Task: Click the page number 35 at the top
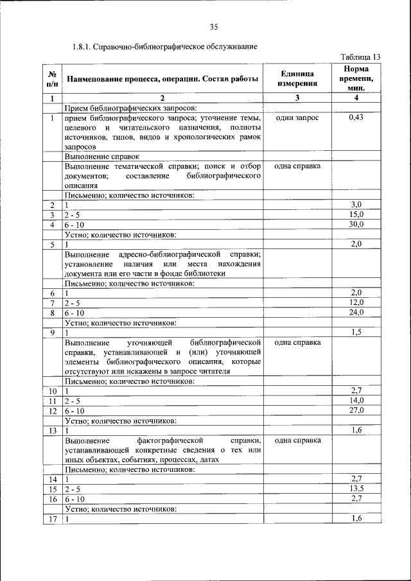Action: tap(214, 26)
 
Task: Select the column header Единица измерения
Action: tap(297, 78)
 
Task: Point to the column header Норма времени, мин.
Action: tap(356, 78)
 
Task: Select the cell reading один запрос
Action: tap(297, 117)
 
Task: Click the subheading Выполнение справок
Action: tap(101, 156)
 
